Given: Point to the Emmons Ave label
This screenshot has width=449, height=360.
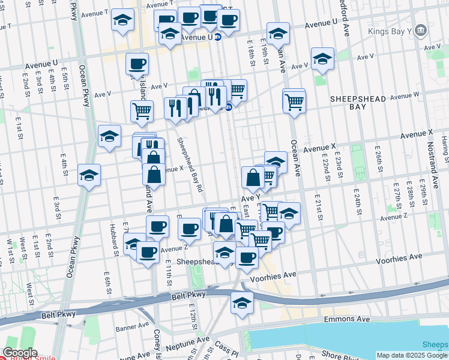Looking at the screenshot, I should tap(347, 319).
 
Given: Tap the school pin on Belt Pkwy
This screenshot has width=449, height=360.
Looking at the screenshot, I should tap(243, 302).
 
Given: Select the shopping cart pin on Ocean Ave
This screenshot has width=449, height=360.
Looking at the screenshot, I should tap(294, 100).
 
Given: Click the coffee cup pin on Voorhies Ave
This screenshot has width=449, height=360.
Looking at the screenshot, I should tap(247, 257).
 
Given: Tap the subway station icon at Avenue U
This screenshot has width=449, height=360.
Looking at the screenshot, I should tap(218, 37).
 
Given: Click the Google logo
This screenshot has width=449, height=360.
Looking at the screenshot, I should tap(20, 352).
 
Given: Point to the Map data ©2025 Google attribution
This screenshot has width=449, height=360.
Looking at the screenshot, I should tap(412, 355).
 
